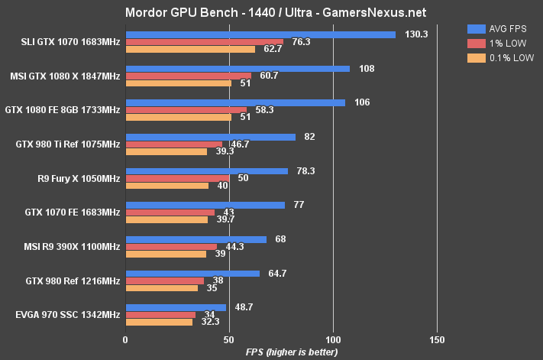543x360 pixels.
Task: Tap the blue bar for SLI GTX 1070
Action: pyautogui.click(x=260, y=34)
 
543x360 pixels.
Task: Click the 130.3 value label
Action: pyautogui.click(x=412, y=34)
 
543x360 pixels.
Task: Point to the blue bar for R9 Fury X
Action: pyautogui.click(x=206, y=171)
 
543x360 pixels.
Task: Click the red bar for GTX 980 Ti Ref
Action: pyautogui.click(x=173, y=144)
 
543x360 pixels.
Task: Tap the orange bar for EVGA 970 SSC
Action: pyautogui.click(x=159, y=323)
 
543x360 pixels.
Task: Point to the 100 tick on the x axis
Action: pyautogui.click(x=332, y=339)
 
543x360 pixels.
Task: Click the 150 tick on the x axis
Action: pyautogui.click(x=436, y=339)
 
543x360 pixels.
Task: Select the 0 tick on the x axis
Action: pyautogui.click(x=125, y=339)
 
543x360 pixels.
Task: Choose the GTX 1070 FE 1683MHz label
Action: pyautogui.click(x=73, y=212)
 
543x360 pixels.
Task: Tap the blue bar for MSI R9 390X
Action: pyautogui.click(x=196, y=239)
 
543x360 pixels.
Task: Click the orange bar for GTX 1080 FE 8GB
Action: pyautogui.click(x=178, y=117)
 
